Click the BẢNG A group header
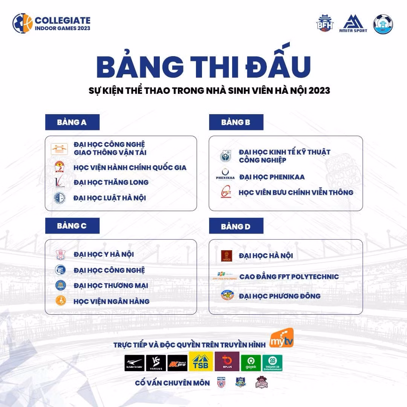click(x=72, y=122)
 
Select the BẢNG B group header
click(x=236, y=122)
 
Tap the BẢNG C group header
click(x=72, y=226)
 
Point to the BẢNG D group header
click(x=236, y=226)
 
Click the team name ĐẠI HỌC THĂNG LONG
click(x=111, y=182)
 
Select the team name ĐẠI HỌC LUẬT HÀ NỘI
click(x=110, y=198)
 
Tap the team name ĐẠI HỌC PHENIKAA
click(x=272, y=177)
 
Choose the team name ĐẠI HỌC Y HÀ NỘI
click(x=104, y=254)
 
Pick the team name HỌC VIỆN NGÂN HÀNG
click(x=112, y=301)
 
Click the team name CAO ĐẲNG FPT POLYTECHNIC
click(x=289, y=277)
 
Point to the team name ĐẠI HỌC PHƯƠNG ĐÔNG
click(x=280, y=296)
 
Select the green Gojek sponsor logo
click(x=251, y=363)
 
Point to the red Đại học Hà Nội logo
click(x=226, y=256)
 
